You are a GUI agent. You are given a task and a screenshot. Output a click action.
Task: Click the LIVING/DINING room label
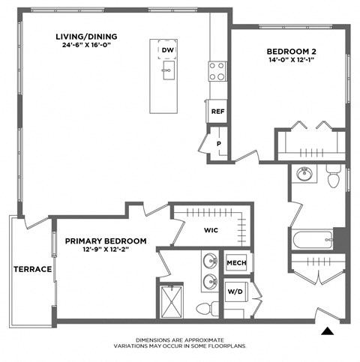click(x=86, y=36)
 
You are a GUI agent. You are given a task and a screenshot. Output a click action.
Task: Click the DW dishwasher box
click(x=166, y=50)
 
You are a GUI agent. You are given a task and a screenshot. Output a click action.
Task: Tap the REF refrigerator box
click(x=217, y=111)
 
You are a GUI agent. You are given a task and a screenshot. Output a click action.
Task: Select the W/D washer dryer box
click(x=235, y=290)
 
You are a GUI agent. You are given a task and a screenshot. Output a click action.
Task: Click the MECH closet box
click(x=236, y=264)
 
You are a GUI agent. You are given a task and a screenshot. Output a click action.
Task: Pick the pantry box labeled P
click(x=218, y=143)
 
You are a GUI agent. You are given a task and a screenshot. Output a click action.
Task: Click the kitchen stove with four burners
click(x=217, y=71)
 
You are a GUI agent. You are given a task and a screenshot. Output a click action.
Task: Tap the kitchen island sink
click(x=166, y=73)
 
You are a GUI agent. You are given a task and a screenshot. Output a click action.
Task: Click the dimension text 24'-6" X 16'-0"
click(x=86, y=46)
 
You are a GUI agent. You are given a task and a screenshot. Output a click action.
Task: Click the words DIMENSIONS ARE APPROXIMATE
click(x=179, y=340)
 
